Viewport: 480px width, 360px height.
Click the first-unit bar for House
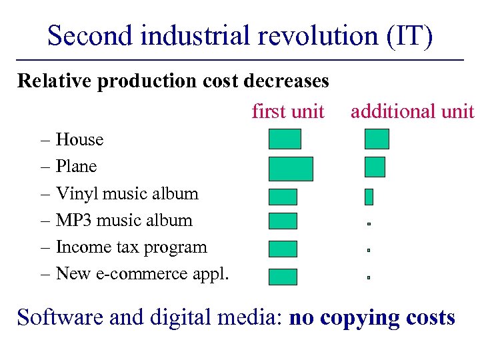[x=285, y=139]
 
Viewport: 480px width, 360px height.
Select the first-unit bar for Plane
[x=290, y=169]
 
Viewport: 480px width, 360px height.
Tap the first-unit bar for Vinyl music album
[x=283, y=197]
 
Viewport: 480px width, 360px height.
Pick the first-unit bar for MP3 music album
[x=283, y=221]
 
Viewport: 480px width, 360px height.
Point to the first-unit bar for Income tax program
[x=283, y=249]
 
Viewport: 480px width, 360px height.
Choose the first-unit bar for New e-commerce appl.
[x=283, y=277]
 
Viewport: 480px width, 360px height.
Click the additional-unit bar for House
[x=377, y=139]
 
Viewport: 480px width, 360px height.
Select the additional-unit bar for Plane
[x=375, y=167]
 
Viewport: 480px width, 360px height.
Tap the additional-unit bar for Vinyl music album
[x=369, y=197]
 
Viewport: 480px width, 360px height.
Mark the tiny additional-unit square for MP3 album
[x=368, y=225]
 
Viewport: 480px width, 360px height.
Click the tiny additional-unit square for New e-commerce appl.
[x=368, y=275]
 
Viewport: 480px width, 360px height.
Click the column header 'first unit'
[x=288, y=111]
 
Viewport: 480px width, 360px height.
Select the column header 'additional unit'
[x=412, y=111]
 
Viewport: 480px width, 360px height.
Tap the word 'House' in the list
[x=79, y=140]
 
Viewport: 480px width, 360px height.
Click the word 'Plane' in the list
[x=76, y=167]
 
